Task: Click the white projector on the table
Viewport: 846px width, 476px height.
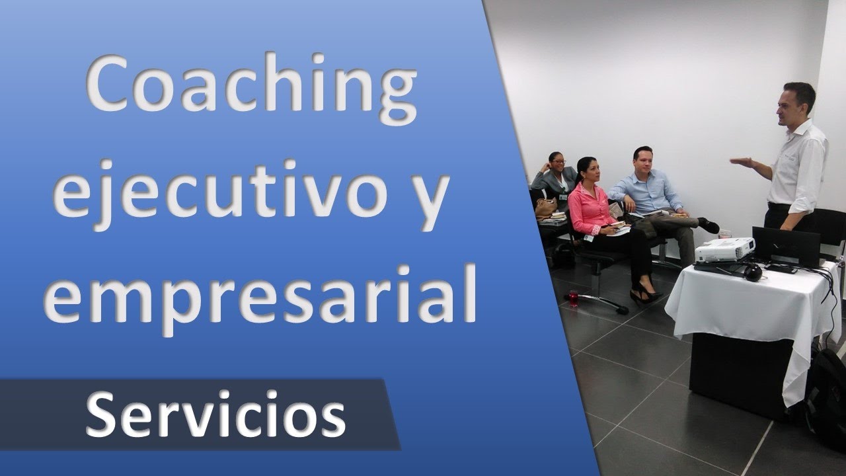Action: pos(724,249)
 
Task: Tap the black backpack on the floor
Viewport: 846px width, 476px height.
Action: pos(826,390)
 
